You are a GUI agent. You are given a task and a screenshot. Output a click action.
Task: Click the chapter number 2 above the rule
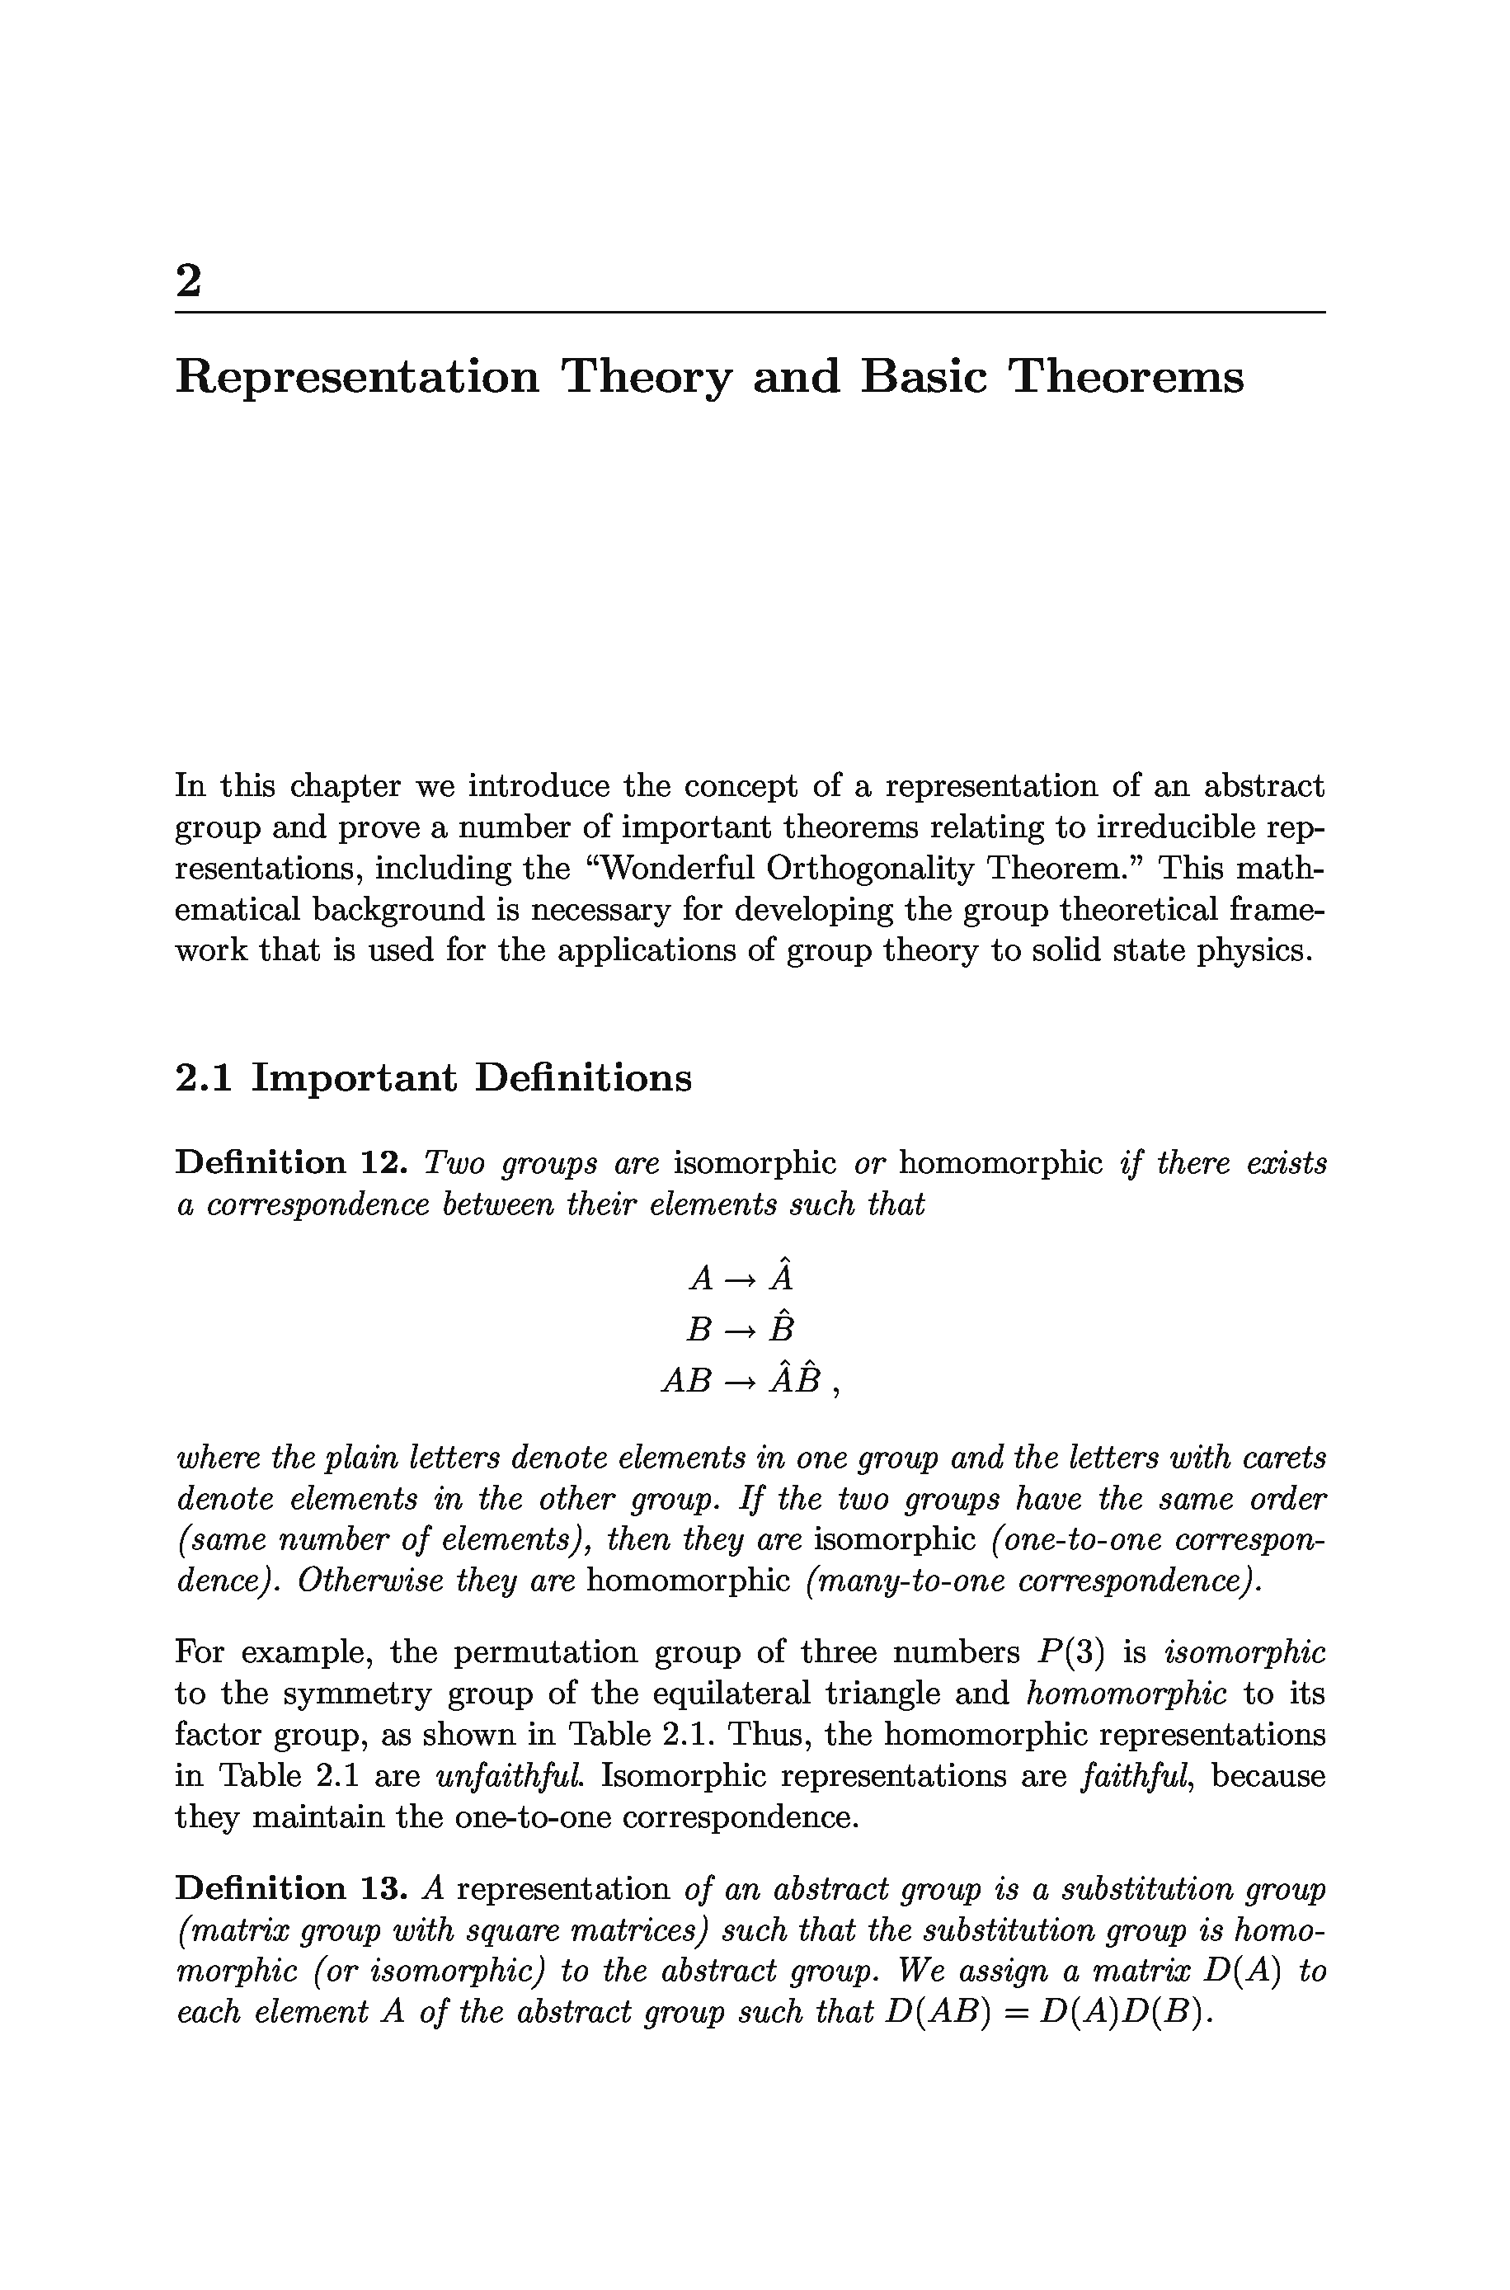pos(189,281)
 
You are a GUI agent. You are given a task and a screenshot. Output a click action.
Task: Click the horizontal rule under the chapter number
pos(749,312)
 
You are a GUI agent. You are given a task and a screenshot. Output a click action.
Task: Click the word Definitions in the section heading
pos(582,1077)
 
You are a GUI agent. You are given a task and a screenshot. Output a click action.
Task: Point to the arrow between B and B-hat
pos(740,1330)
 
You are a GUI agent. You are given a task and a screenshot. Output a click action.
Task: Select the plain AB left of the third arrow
pos(685,1382)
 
